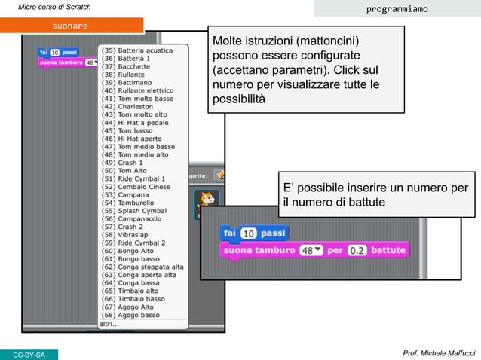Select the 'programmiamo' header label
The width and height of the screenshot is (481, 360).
pos(397,9)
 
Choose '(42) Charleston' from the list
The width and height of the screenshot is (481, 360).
pos(127,107)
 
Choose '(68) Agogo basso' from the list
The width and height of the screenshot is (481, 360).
pos(130,315)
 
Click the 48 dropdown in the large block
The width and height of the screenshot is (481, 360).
pos(311,249)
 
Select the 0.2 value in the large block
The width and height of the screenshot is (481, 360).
pos(356,249)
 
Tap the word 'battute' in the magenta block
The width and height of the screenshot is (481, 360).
pos(388,249)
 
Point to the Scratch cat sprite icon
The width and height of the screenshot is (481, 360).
pos(207,200)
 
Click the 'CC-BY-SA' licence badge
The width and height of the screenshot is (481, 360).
pos(29,355)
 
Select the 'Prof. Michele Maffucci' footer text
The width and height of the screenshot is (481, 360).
pos(439,353)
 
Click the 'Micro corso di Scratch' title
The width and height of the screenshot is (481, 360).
pos(54,8)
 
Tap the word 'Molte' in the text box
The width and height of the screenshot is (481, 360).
pos(228,40)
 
